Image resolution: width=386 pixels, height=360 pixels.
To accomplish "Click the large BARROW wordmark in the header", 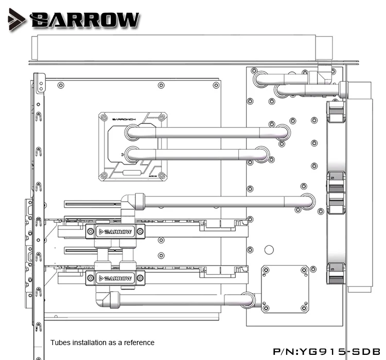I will tap(85, 20).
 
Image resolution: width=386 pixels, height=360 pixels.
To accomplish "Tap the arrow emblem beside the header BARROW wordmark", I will tap(16, 20).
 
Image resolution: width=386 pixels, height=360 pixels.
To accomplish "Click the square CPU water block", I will tap(133, 146).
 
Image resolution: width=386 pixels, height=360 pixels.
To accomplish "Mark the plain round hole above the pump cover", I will tap(269, 249).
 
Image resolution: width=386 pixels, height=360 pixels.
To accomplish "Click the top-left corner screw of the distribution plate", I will tap(254, 70).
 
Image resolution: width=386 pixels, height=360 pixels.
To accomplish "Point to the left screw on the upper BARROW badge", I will tap(95, 232).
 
